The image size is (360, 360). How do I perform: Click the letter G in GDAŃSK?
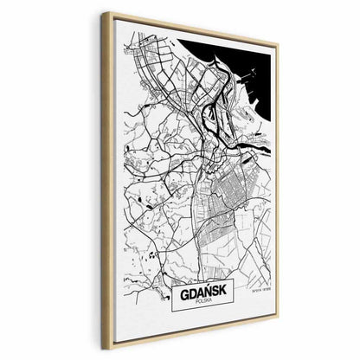183,292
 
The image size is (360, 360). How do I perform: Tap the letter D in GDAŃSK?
191,292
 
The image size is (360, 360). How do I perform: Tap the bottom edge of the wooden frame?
190,339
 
